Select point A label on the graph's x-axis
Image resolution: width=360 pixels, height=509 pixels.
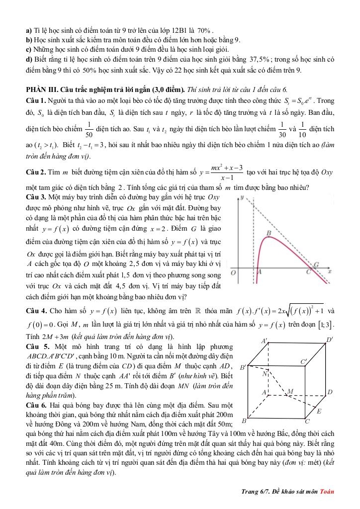[x=258, y=273]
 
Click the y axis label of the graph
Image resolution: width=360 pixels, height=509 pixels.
[x=242, y=198]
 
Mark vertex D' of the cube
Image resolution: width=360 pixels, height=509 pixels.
[x=330, y=339]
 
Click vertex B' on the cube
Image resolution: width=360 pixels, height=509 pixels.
[x=243, y=368]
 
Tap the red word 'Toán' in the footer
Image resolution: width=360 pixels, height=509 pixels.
[x=326, y=492]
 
